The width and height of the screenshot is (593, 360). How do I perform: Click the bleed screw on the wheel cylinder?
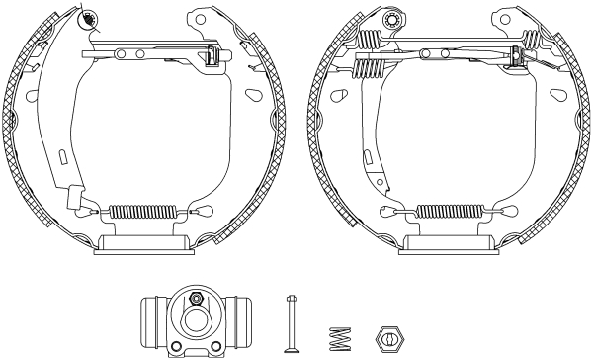pyautogui.click(x=196, y=299)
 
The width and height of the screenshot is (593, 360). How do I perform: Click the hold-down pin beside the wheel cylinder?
pyautogui.click(x=291, y=322)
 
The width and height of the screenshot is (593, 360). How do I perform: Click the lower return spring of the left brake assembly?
pyautogui.click(x=141, y=210)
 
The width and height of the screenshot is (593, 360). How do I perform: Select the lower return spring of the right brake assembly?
pyautogui.click(x=450, y=211)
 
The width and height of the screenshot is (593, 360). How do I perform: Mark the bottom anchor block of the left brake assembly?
pyautogui.click(x=141, y=243)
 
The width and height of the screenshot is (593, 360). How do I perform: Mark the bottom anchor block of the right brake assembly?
pyautogui.click(x=450, y=243)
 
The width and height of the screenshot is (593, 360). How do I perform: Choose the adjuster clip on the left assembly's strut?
pyautogui.click(x=211, y=57)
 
